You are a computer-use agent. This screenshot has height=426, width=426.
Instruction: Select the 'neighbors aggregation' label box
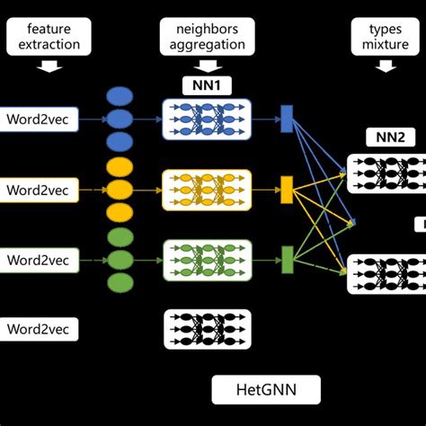(x=206, y=37)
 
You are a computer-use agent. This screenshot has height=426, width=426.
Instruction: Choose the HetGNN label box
(x=266, y=390)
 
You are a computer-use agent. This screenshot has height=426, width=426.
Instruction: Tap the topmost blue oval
(x=120, y=96)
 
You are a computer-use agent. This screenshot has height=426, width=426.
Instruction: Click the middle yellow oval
(x=120, y=190)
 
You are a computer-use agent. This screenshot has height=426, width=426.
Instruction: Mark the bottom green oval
(x=120, y=283)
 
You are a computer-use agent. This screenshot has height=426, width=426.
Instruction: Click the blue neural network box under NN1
(x=206, y=119)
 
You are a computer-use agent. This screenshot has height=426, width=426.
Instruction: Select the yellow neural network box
(x=206, y=190)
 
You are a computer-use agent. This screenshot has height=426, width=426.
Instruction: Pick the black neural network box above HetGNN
(x=206, y=329)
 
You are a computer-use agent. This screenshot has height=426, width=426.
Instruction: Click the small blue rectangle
(x=287, y=119)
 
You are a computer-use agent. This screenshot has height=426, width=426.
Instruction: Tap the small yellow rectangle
(x=287, y=190)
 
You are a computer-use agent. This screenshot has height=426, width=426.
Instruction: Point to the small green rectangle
(x=287, y=260)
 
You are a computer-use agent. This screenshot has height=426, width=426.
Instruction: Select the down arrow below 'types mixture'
(x=386, y=65)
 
